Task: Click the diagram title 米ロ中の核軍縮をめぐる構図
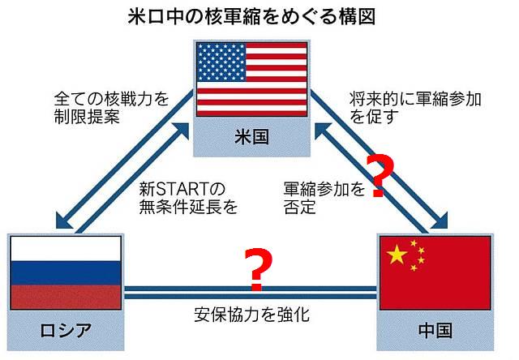259,15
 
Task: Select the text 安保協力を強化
253,313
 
